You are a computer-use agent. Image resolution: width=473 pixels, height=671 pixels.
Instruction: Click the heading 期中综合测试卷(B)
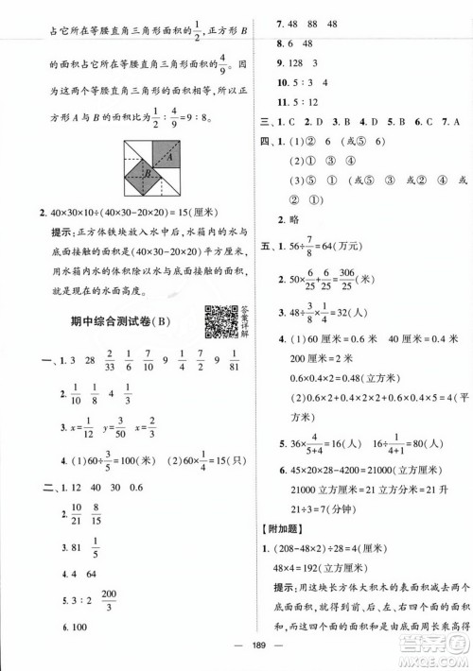(114, 323)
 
